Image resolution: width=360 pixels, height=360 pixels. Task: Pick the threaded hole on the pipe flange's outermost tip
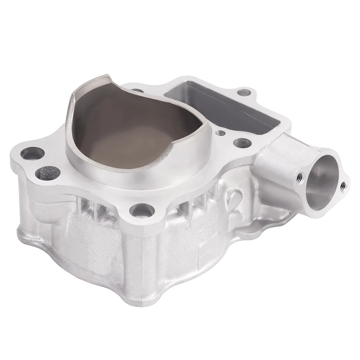342,185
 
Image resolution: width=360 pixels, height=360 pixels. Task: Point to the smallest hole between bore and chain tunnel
221,133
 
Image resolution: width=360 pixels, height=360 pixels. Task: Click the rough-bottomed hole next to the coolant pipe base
241,142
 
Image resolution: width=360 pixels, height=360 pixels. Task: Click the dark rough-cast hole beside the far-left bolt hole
48,173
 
